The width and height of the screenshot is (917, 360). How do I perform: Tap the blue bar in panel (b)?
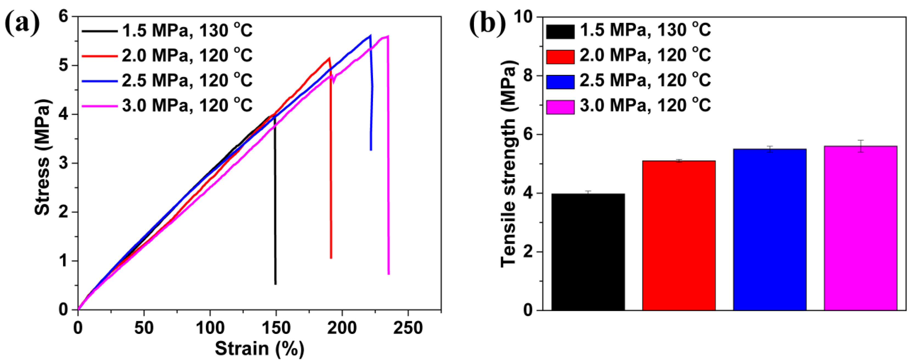point(770,230)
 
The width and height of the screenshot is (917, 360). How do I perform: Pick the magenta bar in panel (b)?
point(860,228)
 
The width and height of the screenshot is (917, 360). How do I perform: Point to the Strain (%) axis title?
point(260,349)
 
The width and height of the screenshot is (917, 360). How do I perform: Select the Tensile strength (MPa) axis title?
point(508,164)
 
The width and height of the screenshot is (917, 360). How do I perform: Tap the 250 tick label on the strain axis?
point(408,328)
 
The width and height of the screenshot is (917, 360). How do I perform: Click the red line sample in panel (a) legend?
point(100,56)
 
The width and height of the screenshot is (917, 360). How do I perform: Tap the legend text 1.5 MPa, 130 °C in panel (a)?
point(187,31)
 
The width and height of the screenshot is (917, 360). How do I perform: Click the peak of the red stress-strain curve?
point(329,58)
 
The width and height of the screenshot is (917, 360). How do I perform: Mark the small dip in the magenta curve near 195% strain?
point(334,82)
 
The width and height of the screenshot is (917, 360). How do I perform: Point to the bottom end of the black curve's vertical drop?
point(275,284)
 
